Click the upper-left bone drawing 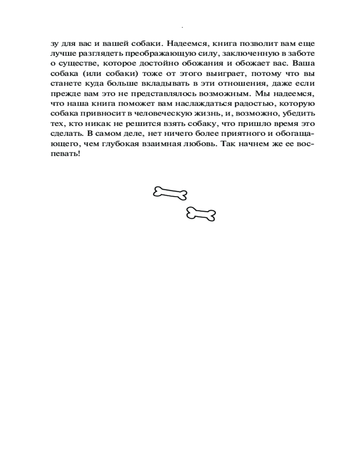pyautogui.click(x=170, y=193)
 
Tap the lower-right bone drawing pyautogui.click(x=201, y=214)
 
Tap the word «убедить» pyautogui.click(x=299, y=114)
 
